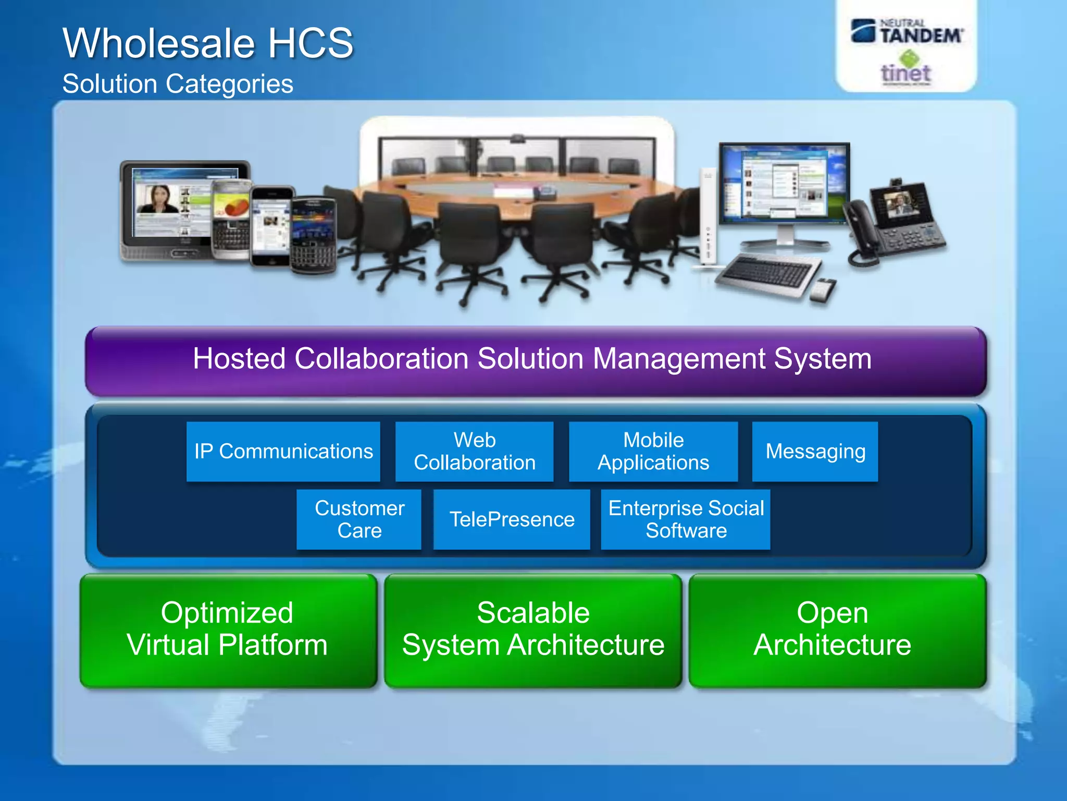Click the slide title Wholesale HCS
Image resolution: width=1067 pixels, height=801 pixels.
pyautogui.click(x=208, y=43)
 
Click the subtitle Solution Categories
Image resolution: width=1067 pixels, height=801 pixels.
pyautogui.click(x=178, y=84)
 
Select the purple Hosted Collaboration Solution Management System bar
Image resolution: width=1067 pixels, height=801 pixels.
pyautogui.click(x=535, y=360)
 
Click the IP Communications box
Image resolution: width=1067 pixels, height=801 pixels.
pyautogui.click(x=283, y=452)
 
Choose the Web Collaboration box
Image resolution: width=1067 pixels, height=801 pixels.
pyautogui.click(x=474, y=452)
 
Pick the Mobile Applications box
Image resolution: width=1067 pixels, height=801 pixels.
pyautogui.click(x=653, y=452)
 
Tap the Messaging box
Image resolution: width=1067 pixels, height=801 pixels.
pyautogui.click(x=815, y=452)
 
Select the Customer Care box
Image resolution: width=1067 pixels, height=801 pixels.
pyautogui.click(x=359, y=519)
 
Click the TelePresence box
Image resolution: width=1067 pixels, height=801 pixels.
pyautogui.click(x=512, y=519)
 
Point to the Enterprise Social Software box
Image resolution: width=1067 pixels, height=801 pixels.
pyautogui.click(x=686, y=519)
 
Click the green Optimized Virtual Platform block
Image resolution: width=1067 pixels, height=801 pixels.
pyautogui.click(x=228, y=630)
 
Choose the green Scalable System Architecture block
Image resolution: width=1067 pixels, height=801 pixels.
pyautogui.click(x=533, y=630)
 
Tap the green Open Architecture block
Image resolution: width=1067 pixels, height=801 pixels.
pyautogui.click(x=837, y=630)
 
